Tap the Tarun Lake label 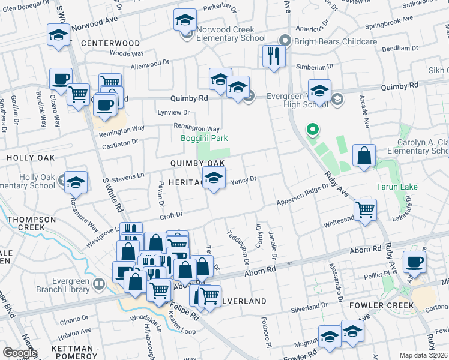396,187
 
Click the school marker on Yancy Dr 214,178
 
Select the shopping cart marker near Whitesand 365,210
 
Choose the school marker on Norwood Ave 58,35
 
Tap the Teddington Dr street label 237,247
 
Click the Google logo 20,353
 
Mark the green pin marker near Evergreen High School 312,129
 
